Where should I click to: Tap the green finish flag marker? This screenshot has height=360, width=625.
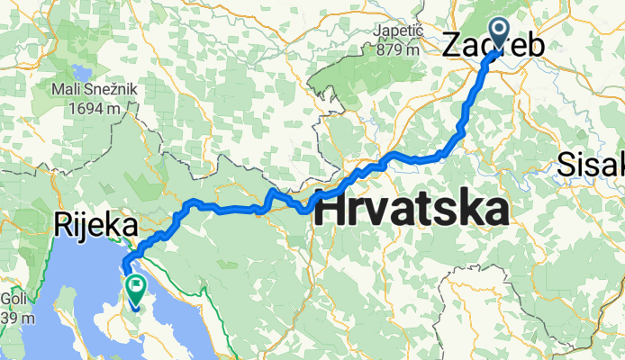pyautogui.click(x=136, y=289)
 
